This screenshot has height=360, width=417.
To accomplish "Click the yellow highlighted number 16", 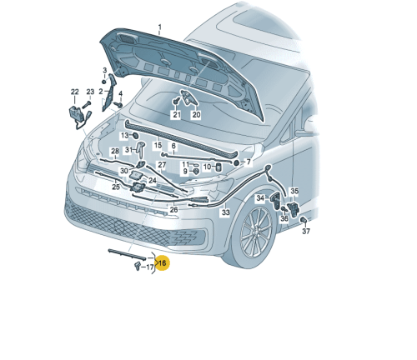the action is (162, 262).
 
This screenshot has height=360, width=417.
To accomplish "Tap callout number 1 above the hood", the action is (160, 27).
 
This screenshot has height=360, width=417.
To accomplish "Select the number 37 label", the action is (306, 231).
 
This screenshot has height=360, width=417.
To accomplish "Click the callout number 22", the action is (75, 92).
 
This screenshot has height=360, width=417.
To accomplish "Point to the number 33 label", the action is (226, 212).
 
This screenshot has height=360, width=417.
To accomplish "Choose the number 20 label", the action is (196, 114).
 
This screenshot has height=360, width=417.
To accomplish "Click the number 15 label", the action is (158, 145).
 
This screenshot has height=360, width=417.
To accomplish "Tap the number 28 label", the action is (115, 151).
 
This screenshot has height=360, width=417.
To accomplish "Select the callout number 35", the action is (294, 191).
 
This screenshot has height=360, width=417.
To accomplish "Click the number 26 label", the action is (173, 209).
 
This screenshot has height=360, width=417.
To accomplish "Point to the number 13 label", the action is (124, 136).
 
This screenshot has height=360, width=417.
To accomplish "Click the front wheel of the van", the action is (255, 232).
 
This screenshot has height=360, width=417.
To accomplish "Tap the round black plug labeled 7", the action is (236, 162).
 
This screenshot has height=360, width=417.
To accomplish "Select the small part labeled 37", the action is (304, 220).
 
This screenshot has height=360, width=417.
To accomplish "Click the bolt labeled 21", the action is (176, 102).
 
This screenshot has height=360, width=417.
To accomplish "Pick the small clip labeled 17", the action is (138, 266).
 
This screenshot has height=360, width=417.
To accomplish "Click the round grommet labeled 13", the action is (135, 136).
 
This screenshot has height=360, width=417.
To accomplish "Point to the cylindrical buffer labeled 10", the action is (219, 167).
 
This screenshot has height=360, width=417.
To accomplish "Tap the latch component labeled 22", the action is (77, 114).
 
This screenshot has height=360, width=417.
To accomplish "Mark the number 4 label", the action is (120, 93).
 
